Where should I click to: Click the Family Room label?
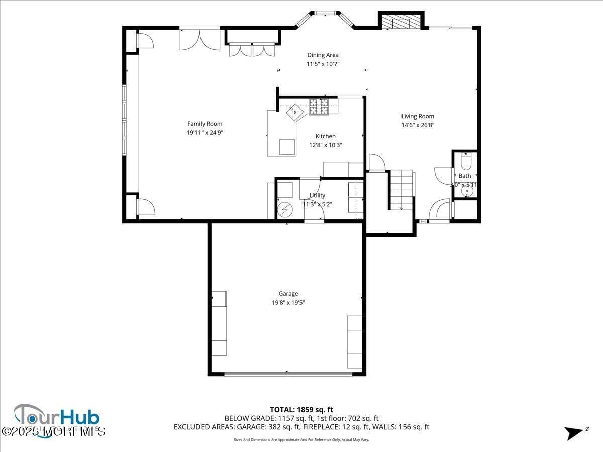(205, 124)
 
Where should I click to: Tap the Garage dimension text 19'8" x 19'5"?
(288, 303)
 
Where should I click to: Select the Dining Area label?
(323, 55)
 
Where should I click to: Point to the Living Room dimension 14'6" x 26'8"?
(417, 125)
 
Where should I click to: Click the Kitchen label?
(325, 136)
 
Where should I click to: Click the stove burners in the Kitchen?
(319, 106)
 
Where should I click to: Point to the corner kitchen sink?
(294, 111)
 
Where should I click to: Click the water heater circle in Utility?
(285, 208)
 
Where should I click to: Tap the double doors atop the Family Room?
(199, 40)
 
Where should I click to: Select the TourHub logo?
(56, 421)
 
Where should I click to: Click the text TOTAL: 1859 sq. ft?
(301, 410)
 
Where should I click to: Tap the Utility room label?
(317, 195)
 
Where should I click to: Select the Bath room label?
(465, 176)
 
